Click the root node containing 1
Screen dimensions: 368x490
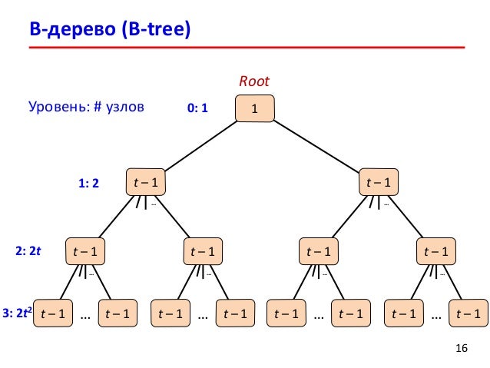[x=254, y=110]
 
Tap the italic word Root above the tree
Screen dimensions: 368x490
[x=254, y=81]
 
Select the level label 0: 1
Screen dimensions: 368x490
[x=198, y=110]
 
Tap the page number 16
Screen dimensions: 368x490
[x=461, y=350]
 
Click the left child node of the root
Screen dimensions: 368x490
[x=146, y=182]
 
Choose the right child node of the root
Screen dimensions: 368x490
[x=377, y=182]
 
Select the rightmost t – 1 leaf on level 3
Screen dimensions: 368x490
[x=467, y=313]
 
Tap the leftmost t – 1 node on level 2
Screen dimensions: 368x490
[x=84, y=250]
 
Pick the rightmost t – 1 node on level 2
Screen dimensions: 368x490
[x=435, y=250]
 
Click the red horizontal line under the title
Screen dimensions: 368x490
[x=247, y=48]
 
